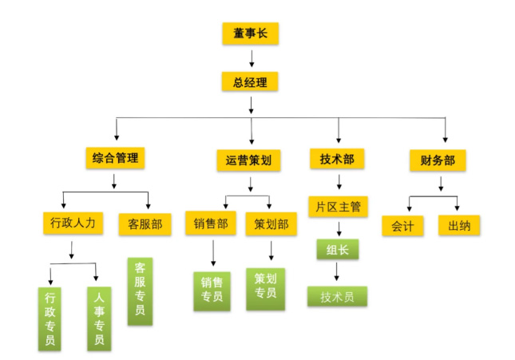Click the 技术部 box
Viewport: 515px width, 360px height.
(336, 159)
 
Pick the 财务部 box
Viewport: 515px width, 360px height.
(438, 160)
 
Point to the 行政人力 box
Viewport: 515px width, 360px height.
(73, 223)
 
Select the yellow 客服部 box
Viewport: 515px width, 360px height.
(144, 224)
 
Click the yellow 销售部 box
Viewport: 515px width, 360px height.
(210, 224)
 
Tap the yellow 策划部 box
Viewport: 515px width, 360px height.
(271, 224)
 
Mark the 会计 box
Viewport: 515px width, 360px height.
(402, 225)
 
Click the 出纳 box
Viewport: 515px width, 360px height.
(458, 225)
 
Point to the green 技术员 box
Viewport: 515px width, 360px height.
(337, 296)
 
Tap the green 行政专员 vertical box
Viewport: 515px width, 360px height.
(50, 318)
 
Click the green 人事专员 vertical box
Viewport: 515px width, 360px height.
(98, 318)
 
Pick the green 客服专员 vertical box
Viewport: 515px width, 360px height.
(140, 291)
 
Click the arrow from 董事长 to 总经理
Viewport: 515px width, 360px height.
(251, 57)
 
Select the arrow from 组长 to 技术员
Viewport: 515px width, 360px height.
(337, 272)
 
